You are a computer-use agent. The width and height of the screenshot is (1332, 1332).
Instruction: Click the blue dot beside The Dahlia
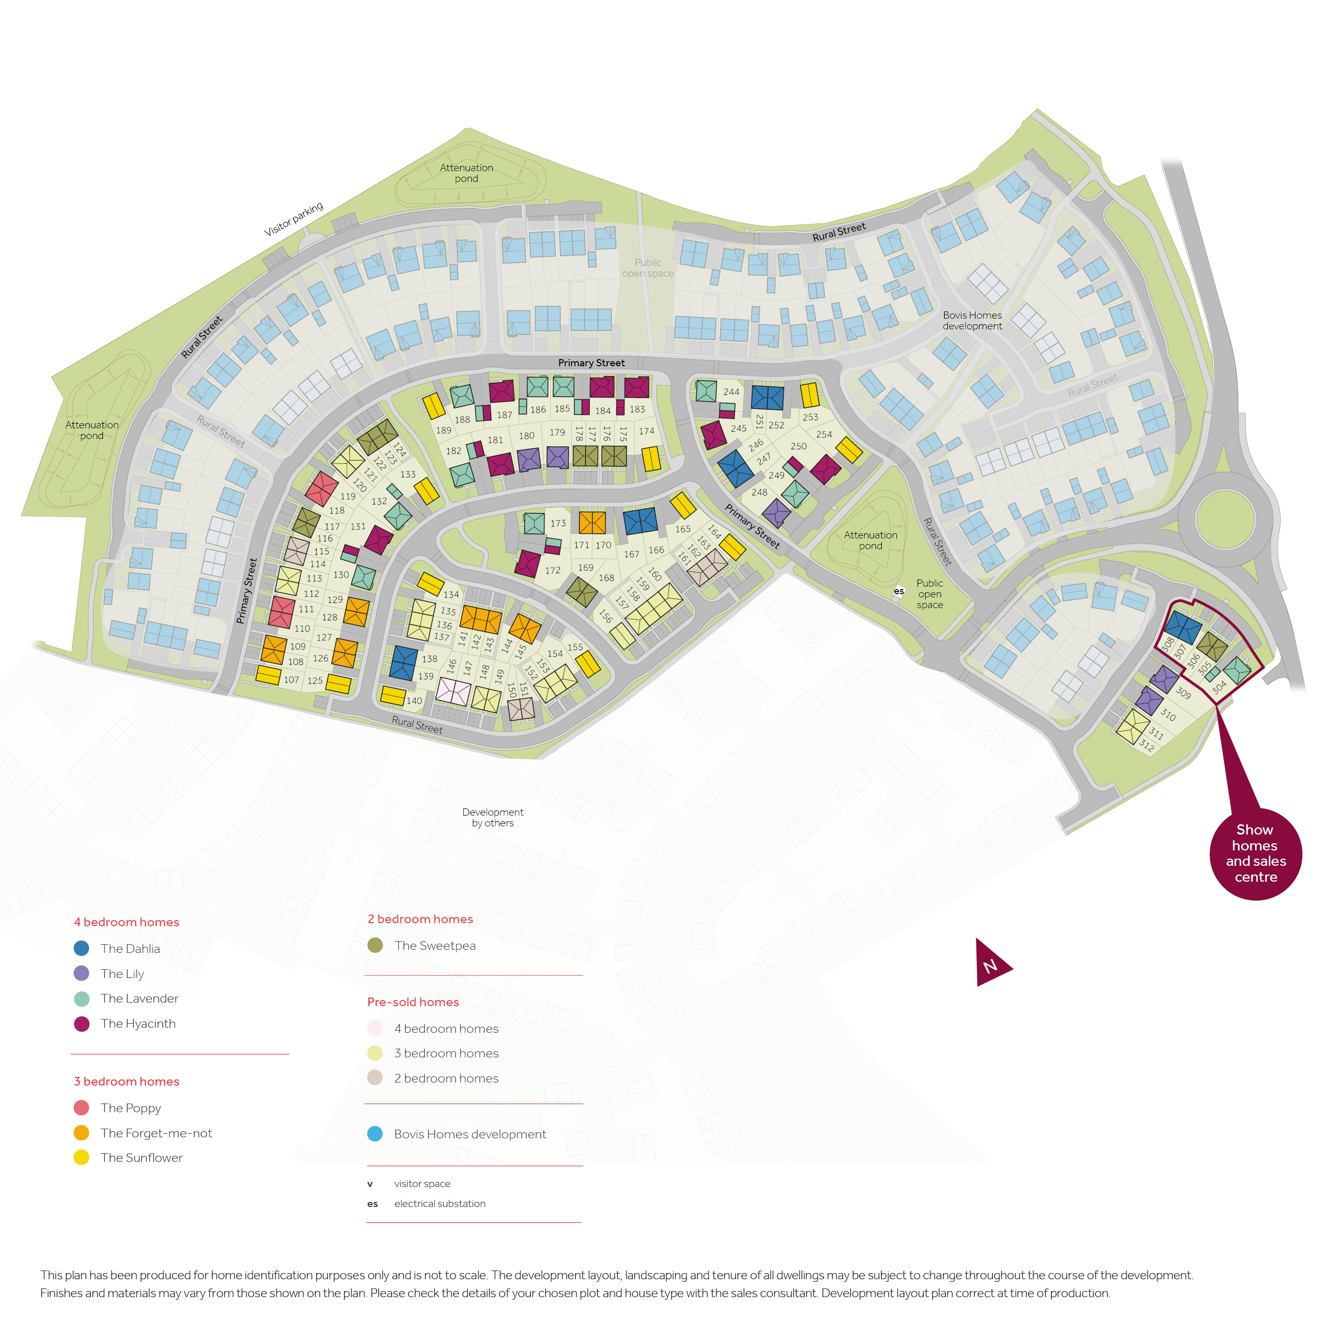coord(81,948)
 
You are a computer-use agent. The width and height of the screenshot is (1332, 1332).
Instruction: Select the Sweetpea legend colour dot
coord(375,945)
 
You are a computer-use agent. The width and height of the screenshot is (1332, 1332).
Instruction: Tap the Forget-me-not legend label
coord(156,1133)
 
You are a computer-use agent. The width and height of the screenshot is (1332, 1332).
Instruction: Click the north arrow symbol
coord(991,964)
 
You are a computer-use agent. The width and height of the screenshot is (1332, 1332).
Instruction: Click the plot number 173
coord(558,523)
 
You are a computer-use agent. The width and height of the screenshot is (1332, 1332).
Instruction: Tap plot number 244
coord(731,391)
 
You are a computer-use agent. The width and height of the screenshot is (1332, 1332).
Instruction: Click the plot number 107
coord(291,680)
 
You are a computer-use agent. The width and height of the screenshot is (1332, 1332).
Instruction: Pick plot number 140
coord(413,700)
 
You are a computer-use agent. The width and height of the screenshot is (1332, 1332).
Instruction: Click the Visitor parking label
coord(293,219)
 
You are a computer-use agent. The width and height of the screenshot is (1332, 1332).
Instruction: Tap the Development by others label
coord(492,817)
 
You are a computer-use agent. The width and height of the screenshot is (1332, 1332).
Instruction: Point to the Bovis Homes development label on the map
coord(972,321)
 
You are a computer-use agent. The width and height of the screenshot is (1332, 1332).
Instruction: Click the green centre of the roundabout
coord(1224,519)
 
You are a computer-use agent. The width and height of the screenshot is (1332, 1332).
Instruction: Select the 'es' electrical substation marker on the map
coord(899,591)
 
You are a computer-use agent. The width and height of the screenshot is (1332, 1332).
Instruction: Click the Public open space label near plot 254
coord(929,594)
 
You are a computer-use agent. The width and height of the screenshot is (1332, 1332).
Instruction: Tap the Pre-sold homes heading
coord(412,1002)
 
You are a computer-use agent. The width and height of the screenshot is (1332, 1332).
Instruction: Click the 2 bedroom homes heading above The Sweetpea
coord(420,919)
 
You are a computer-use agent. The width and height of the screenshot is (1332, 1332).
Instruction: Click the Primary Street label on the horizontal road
coord(591,363)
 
